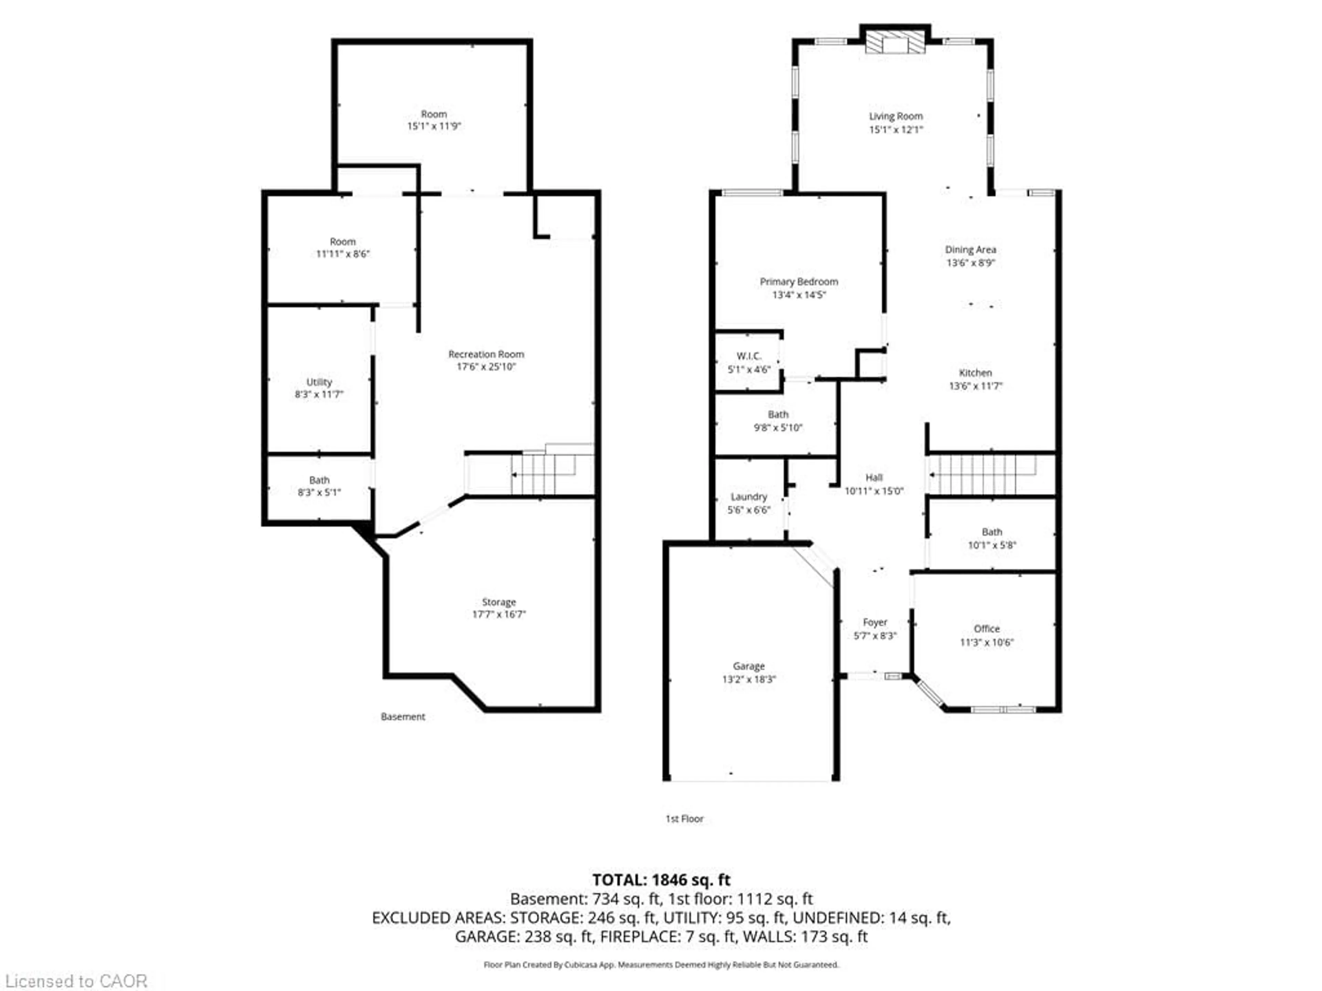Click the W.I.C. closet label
coord(748,356)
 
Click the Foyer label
coord(875,622)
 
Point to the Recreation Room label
coord(486,354)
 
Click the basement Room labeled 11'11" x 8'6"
coord(343,248)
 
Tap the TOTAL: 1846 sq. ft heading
coord(661,880)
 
